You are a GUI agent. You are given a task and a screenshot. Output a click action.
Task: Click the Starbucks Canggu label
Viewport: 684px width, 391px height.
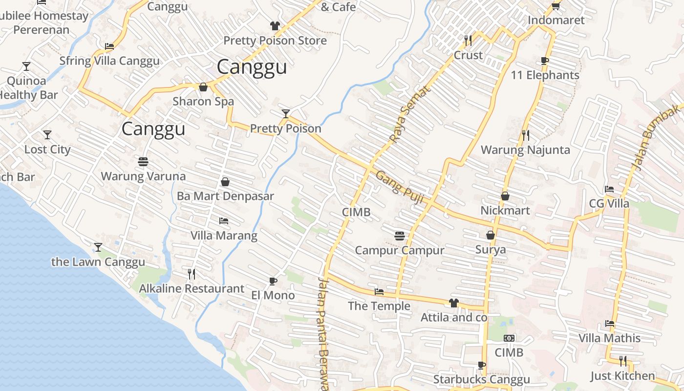click(481, 379)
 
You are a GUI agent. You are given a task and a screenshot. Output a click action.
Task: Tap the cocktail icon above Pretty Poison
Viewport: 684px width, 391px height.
click(286, 114)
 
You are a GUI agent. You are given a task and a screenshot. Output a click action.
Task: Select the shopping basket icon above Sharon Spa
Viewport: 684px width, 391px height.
click(203, 87)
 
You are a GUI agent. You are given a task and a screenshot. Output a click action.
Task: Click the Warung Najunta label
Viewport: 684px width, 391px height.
click(525, 150)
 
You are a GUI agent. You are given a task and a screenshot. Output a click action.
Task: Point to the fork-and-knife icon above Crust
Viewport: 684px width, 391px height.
click(468, 40)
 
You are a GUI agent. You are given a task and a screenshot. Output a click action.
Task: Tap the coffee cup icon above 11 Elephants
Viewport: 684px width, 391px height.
click(545, 61)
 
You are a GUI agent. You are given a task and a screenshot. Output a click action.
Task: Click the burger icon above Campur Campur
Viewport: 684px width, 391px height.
click(400, 236)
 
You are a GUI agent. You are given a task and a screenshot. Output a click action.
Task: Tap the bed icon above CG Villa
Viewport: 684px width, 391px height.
click(609, 189)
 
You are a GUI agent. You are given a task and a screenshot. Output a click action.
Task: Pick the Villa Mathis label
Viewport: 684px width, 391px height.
click(609, 338)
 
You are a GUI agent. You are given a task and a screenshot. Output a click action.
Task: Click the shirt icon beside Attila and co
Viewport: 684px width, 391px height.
click(453, 303)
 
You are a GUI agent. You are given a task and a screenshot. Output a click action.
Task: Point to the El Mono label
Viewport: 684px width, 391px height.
click(273, 295)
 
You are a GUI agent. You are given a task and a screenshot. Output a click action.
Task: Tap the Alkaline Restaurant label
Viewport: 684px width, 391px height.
click(192, 288)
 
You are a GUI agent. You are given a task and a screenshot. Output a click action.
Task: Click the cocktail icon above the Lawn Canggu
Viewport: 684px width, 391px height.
click(98, 247)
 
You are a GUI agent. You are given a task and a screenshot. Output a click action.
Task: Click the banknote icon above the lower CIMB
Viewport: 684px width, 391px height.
click(509, 338)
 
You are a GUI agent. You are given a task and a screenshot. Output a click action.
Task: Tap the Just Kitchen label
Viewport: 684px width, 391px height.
click(622, 376)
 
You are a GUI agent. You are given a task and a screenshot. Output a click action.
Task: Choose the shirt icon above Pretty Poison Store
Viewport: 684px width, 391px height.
click(275, 26)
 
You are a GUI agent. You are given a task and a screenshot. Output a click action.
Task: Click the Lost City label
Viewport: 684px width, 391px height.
click(47, 150)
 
